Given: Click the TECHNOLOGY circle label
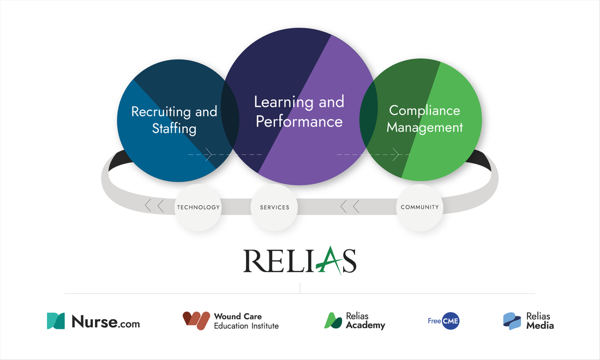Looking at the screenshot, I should tap(198, 207).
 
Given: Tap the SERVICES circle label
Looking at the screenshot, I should tap(274, 207).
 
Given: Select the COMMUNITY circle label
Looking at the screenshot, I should tap(419, 207).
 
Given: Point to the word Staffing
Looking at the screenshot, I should tap(174, 129).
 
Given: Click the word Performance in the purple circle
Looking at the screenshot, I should tap(299, 121).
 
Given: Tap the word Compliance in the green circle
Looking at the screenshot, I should tap(424, 110).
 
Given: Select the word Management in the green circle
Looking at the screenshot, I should tap(424, 128).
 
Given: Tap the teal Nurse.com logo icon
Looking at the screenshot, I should tap(56, 321).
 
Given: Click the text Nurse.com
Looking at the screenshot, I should tap(105, 322).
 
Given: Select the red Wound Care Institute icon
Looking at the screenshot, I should tap(196, 321).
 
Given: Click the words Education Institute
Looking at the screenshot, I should tap(246, 326).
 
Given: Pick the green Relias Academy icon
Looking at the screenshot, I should tap(333, 321).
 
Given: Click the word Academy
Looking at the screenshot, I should tap(365, 326).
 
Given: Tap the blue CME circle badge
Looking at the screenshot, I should tap(450, 321).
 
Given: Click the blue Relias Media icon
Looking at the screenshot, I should tap(512, 321).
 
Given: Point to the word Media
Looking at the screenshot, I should tap(540, 326).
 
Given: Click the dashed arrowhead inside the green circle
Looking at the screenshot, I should tap(396, 154).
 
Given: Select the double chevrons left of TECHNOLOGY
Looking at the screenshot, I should tap(154, 206).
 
